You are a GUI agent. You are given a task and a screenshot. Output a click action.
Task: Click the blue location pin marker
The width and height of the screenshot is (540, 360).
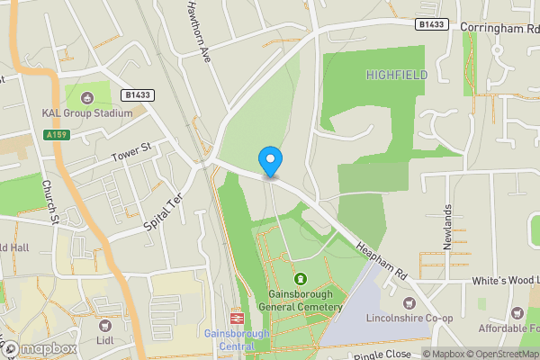tap(270, 162)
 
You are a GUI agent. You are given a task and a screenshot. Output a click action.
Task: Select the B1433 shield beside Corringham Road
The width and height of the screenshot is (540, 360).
tap(433, 24)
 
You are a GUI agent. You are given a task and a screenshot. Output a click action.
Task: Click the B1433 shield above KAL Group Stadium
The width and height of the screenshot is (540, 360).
tap(137, 94)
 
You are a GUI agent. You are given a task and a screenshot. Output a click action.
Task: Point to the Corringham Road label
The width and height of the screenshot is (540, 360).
tap(499, 28)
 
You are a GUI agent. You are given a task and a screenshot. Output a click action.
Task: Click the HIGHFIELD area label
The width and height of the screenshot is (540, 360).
tap(397, 76)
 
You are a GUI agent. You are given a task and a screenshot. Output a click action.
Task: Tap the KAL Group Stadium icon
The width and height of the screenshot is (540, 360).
tap(86, 97)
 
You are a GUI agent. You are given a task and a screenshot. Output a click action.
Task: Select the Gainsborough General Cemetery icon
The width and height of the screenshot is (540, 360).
tap(300, 279)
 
